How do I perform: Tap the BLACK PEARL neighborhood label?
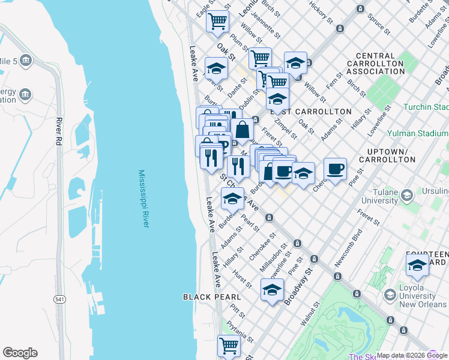point(212,297)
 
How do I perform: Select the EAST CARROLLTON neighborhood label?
point(311,112)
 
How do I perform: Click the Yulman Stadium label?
point(417,133)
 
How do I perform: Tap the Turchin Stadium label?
point(426,107)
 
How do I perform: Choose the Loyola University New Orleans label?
point(416,296)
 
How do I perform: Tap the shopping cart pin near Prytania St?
point(229,345)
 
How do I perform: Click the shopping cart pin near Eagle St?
point(217,21)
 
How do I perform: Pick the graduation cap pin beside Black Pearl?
point(272,290)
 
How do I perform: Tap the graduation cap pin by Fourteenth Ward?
point(417,265)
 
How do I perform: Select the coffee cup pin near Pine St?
point(335,168)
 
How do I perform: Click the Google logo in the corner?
point(20,353)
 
